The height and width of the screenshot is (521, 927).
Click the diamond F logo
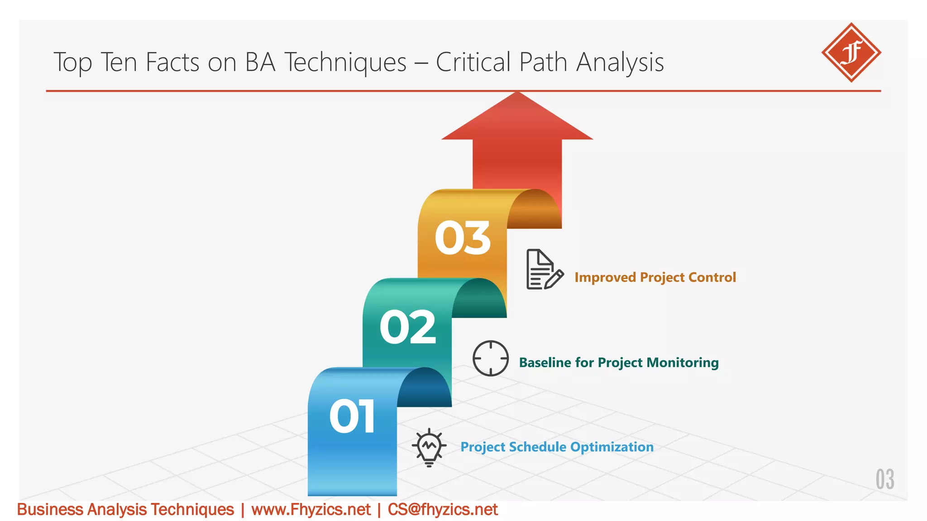[851, 52]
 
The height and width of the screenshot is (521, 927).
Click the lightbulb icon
[429, 447]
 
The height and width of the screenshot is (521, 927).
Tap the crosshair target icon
[490, 358]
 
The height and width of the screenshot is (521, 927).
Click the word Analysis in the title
[620, 62]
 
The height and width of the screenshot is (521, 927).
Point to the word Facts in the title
[172, 62]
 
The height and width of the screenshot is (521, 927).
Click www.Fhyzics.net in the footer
[311, 510]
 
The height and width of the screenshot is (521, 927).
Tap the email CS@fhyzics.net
[443, 510]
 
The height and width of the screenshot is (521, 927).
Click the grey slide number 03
[884, 479]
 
